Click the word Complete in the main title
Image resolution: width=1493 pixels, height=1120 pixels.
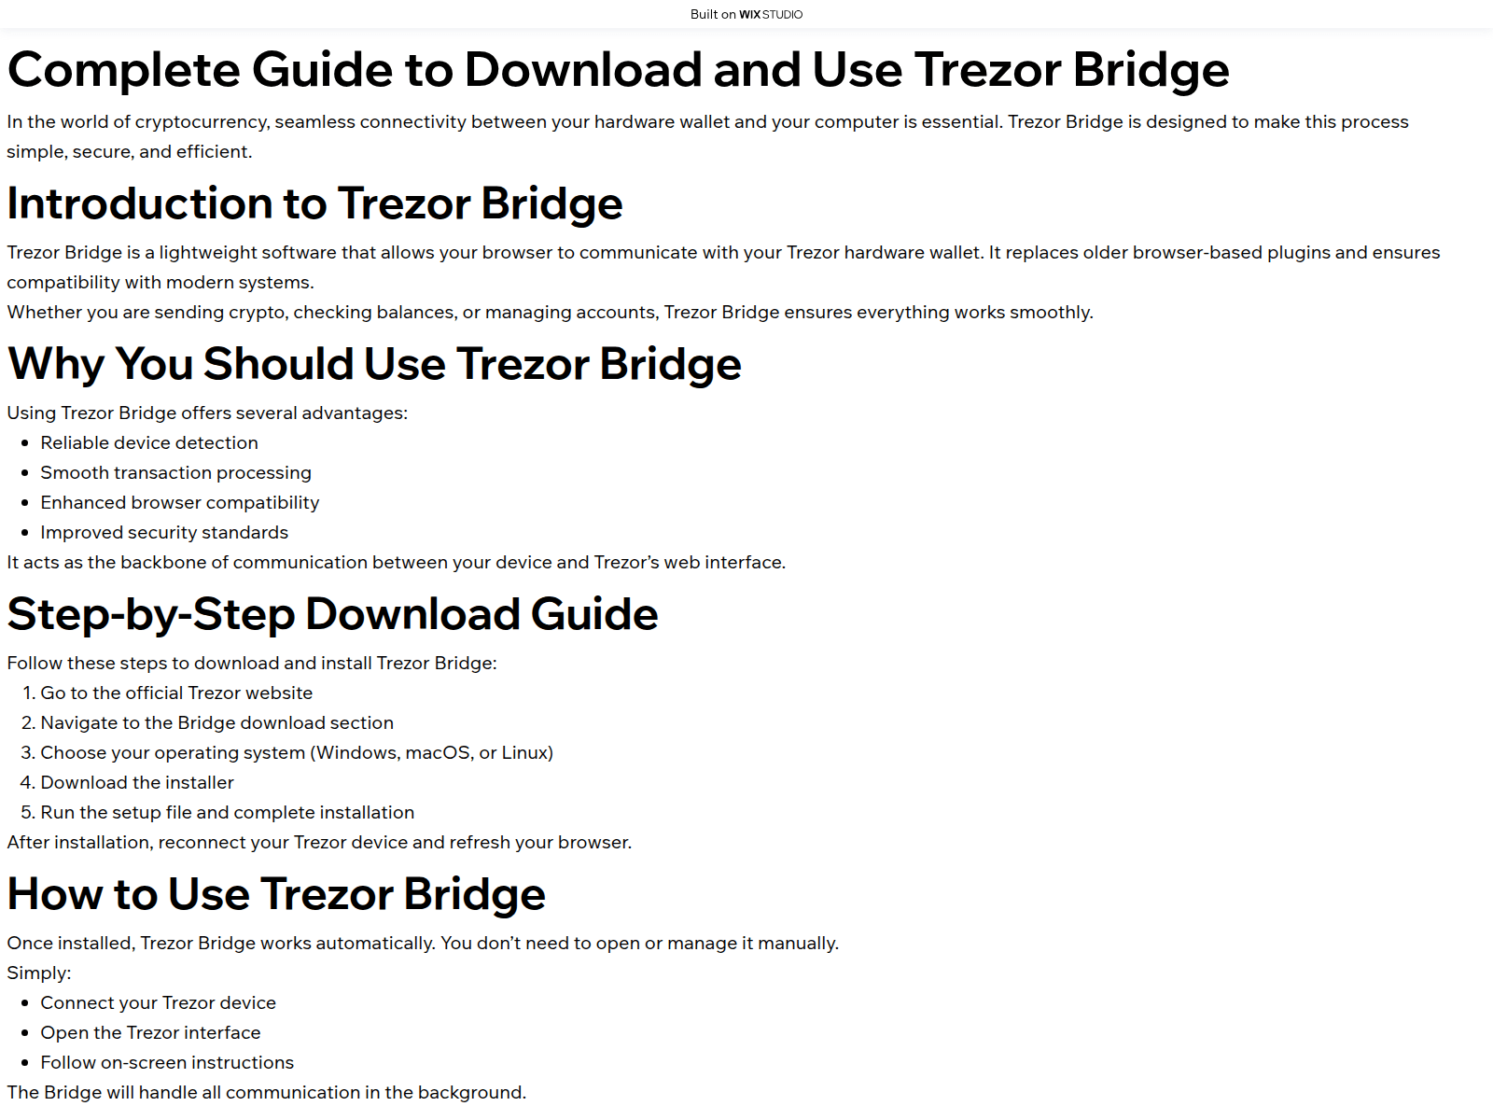[123, 70]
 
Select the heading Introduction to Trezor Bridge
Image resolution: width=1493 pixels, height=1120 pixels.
[314, 203]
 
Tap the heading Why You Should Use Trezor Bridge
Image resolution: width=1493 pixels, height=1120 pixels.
[374, 363]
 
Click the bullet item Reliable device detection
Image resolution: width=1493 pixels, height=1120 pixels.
[149, 442]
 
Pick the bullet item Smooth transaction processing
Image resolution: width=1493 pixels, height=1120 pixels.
[175, 472]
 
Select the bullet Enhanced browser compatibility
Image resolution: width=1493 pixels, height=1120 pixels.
[179, 502]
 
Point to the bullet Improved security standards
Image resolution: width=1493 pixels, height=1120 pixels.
[164, 532]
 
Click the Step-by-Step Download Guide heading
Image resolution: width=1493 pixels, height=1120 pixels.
[332, 614]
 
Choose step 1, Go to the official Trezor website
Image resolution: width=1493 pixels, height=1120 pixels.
[176, 693]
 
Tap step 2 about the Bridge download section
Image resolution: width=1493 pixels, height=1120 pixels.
[216, 722]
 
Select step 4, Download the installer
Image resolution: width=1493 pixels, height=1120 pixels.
[137, 782]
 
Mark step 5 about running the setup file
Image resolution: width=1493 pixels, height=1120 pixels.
[227, 812]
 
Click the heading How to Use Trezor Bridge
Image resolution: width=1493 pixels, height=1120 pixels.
[276, 894]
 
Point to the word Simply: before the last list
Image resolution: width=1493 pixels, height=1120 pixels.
[39, 973]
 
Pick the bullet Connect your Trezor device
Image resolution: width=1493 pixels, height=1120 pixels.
[158, 1002]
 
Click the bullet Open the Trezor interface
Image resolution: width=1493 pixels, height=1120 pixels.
[150, 1032]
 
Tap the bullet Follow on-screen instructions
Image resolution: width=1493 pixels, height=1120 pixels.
[167, 1062]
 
